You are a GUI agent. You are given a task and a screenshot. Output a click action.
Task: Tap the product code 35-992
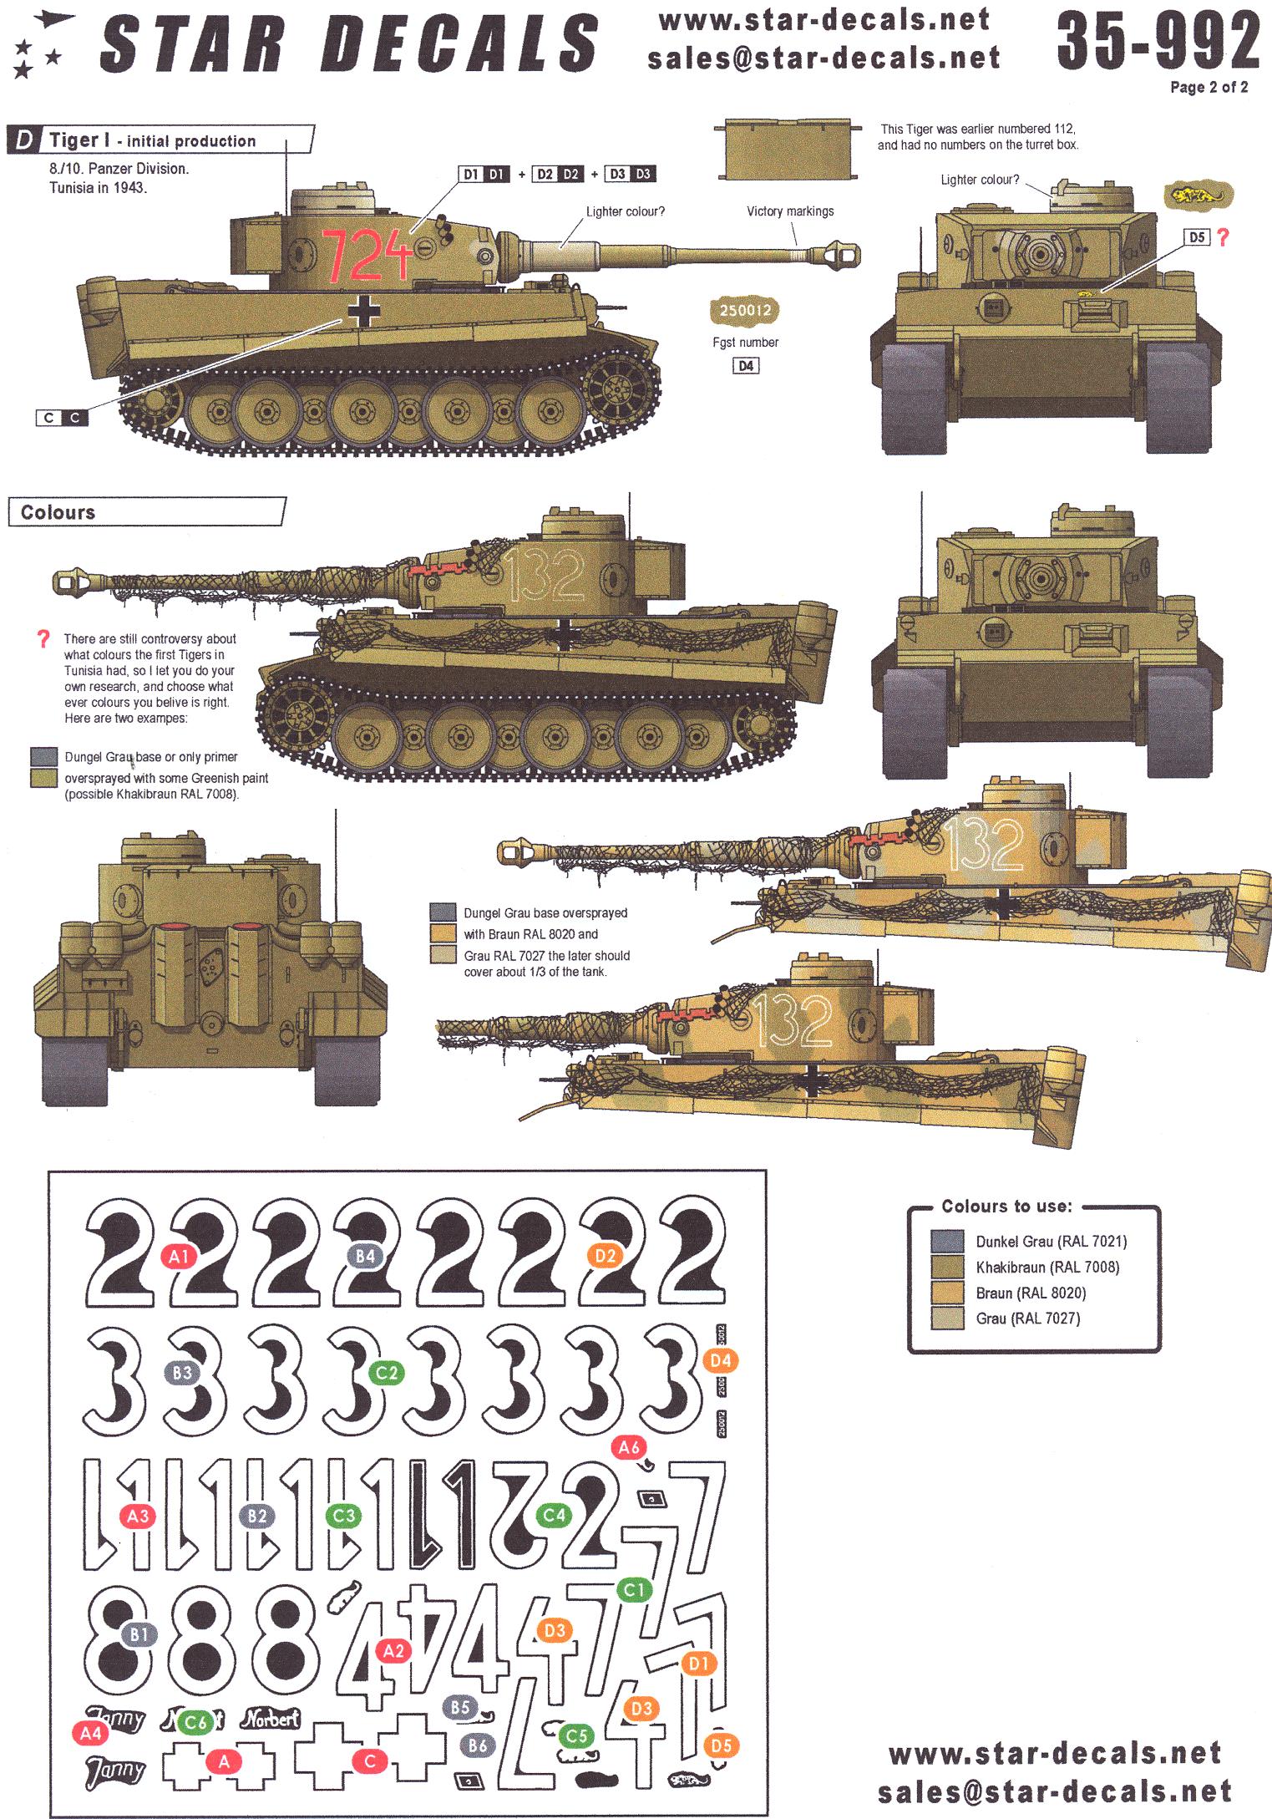(x=1158, y=43)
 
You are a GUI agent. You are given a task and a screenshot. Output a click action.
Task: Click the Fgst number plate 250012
(x=745, y=310)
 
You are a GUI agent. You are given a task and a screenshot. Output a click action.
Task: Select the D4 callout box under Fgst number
(x=745, y=366)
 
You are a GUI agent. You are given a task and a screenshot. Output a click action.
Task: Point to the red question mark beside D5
(x=1224, y=238)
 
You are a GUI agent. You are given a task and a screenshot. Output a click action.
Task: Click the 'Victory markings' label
(x=789, y=211)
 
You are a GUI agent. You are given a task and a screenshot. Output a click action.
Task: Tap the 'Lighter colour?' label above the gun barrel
(x=625, y=211)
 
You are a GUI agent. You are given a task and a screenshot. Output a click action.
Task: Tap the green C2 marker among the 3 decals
(x=387, y=1373)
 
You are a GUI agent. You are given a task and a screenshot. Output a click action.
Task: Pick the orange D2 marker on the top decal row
(x=606, y=1255)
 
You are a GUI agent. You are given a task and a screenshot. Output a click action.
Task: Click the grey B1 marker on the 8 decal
(x=139, y=1632)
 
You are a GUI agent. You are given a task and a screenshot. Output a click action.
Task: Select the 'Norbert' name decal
(x=271, y=1718)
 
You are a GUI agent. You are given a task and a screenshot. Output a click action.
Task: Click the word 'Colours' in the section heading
(x=58, y=512)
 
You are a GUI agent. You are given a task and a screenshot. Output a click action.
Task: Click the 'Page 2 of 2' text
(x=1209, y=87)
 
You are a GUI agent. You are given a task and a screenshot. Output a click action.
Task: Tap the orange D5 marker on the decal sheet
(x=722, y=1745)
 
